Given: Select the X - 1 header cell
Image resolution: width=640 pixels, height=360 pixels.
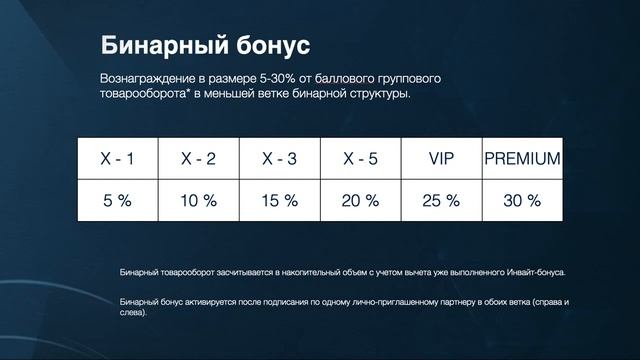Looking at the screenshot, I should pos(117,159).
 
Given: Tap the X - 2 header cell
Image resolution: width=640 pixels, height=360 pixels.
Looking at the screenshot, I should pos(198,159).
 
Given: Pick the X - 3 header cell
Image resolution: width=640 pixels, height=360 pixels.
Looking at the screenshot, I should pos(279,159).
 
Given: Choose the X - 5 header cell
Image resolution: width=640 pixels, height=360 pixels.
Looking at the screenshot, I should pos(360,159).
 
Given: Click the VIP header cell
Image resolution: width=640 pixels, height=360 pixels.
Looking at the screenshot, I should pos(441,159).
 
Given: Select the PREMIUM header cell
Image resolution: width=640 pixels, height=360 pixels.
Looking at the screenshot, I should pos(521,159).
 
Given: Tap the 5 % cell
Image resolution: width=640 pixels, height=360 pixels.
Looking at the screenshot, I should pos(117,200).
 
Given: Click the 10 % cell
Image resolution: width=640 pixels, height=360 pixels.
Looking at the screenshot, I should pos(198,200).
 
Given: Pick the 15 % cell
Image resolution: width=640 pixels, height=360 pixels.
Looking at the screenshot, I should pos(279,200).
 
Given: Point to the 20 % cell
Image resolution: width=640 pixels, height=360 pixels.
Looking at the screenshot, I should pos(360,200).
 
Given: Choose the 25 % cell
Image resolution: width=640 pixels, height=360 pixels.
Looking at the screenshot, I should pos(441,200).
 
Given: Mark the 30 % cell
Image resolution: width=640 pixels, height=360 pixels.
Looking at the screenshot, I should pos(521,200).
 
